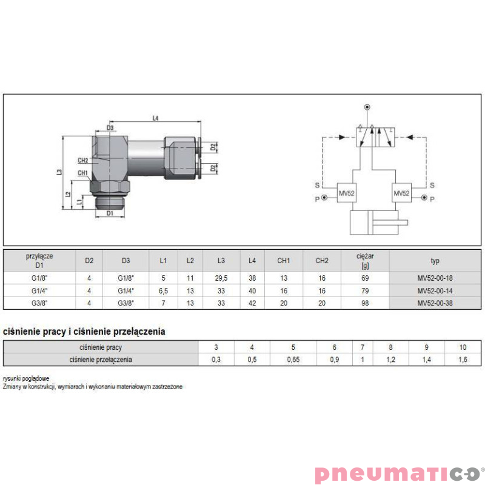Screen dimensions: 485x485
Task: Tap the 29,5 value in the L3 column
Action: [221, 278]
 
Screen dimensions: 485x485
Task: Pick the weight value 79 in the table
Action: [365, 291]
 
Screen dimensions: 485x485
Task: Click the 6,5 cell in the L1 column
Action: [163, 291]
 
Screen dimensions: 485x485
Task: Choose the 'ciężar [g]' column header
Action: [365, 261]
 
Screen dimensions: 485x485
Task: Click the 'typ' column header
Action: [435, 261]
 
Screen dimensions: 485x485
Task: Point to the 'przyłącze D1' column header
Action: [39, 261]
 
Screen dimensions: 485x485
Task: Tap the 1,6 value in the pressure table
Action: [463, 360]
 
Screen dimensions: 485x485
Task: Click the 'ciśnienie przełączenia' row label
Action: [101, 360]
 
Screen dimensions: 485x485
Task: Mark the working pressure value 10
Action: [463, 347]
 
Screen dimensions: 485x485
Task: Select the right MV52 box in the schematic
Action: [401, 193]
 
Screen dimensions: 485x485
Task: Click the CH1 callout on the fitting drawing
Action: [83, 173]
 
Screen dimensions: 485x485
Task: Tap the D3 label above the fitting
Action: [110, 128]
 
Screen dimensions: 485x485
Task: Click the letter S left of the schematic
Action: [316, 185]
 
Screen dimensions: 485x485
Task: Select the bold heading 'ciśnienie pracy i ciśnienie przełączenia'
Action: [84, 332]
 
